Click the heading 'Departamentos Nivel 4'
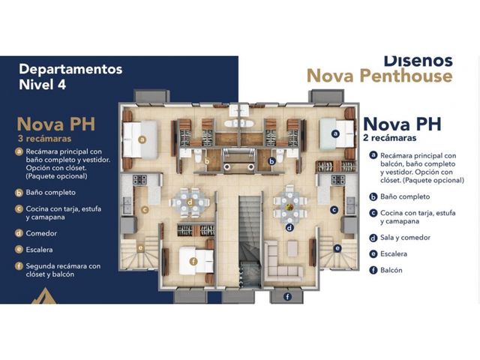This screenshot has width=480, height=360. click(70, 76)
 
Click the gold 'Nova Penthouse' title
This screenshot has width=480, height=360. click(379, 76)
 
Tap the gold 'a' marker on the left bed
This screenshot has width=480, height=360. click(142, 139)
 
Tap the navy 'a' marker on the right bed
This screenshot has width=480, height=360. click(336, 133)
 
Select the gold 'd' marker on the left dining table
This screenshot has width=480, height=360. click(190, 202)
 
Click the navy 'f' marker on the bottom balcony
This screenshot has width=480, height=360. click(287, 296)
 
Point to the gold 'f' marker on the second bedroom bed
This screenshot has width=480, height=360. click(193, 262)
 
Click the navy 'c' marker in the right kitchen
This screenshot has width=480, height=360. click(334, 210)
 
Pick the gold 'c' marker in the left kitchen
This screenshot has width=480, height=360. click(145, 210)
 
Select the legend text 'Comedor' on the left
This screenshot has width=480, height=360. click(41, 233)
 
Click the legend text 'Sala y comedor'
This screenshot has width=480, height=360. click(405, 238)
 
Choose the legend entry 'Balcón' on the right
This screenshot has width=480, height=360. click(391, 270)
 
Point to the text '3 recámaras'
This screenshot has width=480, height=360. click(45, 139)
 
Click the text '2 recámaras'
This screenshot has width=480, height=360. click(390, 138)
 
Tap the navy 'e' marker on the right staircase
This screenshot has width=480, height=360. click(337, 248)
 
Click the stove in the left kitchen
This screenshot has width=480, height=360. click(139, 179)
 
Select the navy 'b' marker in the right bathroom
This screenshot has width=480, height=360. click(271, 161)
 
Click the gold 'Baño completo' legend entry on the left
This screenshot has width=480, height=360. click(50, 193)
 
